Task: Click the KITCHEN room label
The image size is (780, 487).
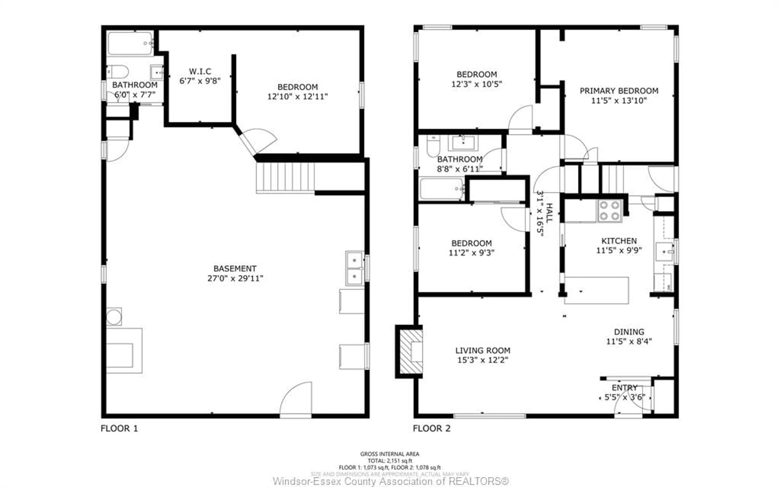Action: pos(619,241)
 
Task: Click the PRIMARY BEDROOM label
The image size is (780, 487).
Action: pos(619,91)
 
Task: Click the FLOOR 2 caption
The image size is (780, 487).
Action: pos(431,428)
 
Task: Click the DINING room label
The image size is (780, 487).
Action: pos(629,332)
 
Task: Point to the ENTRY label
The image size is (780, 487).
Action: pos(624,387)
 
